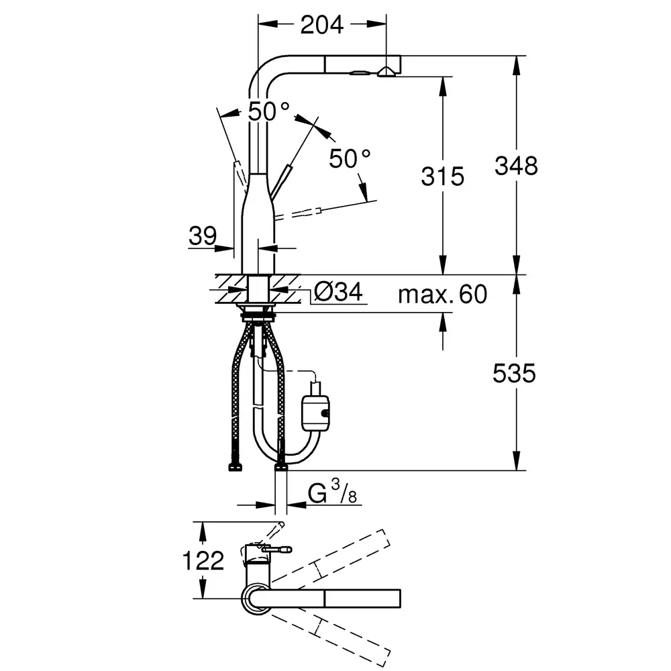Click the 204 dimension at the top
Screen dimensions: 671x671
click(321, 25)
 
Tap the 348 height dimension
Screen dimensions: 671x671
click(516, 166)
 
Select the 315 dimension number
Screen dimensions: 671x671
click(442, 176)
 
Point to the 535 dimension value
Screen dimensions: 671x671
click(514, 373)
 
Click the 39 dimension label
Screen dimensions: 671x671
click(203, 236)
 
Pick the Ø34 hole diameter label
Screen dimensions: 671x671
click(338, 292)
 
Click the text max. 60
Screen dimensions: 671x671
click(442, 295)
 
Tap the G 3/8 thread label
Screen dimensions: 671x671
click(332, 491)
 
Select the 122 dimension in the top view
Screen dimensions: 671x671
click(203, 560)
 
